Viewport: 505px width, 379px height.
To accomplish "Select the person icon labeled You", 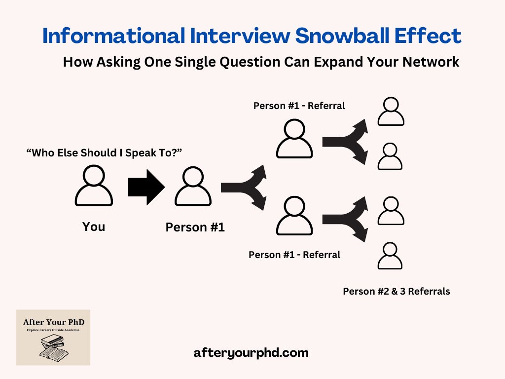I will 94,186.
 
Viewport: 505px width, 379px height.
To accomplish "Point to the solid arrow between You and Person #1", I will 146,187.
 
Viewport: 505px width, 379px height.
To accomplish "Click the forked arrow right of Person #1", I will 244,187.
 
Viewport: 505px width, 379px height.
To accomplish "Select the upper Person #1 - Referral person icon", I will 294,139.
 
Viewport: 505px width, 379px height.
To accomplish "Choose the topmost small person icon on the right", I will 391,112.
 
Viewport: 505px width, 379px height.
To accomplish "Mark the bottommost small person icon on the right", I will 391,255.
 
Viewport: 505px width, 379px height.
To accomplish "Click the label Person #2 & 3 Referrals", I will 397,291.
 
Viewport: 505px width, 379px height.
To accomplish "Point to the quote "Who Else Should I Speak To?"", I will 104,153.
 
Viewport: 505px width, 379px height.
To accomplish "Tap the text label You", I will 94,227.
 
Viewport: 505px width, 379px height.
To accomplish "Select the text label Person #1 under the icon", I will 195,227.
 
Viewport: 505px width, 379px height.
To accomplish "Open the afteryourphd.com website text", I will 252,353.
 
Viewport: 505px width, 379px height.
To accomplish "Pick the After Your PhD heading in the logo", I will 53,322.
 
